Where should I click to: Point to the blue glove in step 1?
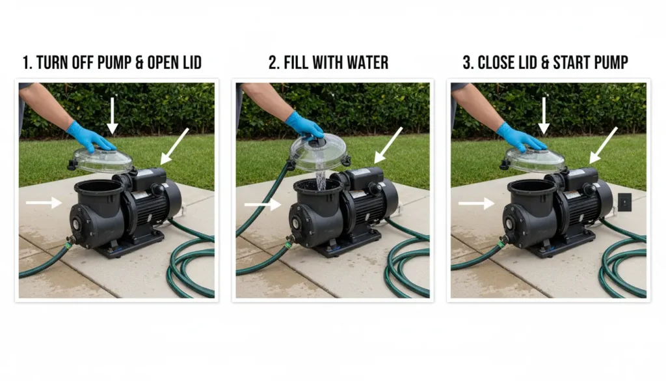(x=90, y=137)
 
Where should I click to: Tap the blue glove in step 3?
(x=520, y=137)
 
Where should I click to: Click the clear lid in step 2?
(x=319, y=152)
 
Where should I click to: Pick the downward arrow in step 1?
(x=112, y=116)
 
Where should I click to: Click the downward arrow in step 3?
(x=544, y=116)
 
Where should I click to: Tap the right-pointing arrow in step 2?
(x=263, y=205)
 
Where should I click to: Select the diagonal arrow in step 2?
(x=388, y=145)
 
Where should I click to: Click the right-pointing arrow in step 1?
(x=44, y=203)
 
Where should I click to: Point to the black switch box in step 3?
(x=624, y=202)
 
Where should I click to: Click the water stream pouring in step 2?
(x=321, y=180)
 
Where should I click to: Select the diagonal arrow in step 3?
(x=603, y=145)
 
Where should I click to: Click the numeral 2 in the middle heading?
(x=273, y=63)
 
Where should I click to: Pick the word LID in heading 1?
(x=192, y=63)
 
